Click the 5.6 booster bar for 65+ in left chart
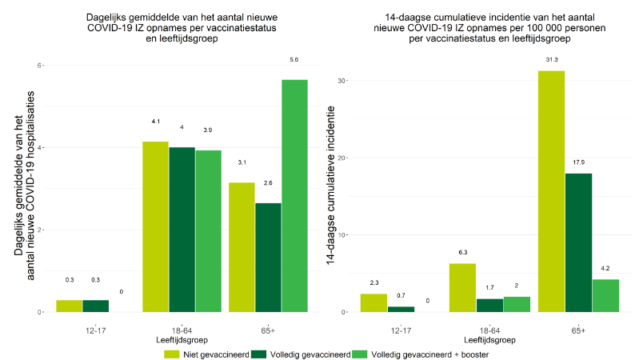tap(295, 196)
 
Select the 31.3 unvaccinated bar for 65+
tap(551, 192)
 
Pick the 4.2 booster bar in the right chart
tap(605, 295)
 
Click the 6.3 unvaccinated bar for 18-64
tap(463, 287)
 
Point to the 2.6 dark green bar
tap(268, 257)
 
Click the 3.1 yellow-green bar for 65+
tap(242, 247)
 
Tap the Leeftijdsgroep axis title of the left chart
tap(182, 339)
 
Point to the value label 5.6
tap(295, 60)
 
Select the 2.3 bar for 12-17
tap(373, 302)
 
